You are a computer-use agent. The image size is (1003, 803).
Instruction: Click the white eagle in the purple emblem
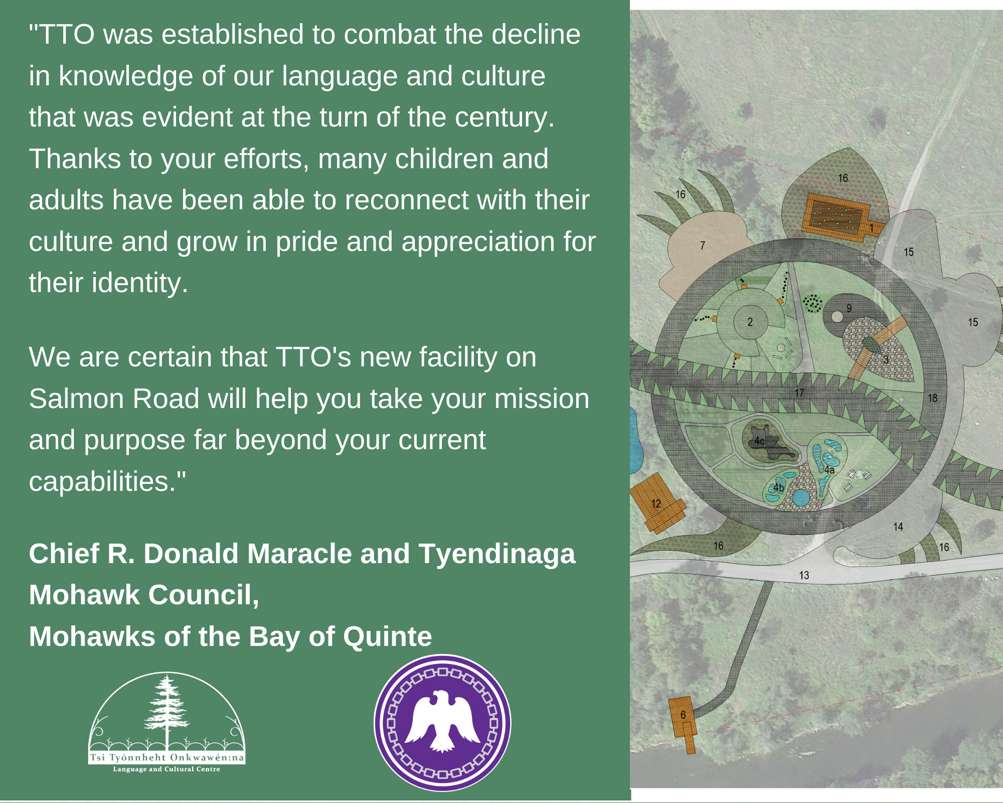pos(442,721)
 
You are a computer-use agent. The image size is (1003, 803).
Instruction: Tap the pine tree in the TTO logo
pos(166,713)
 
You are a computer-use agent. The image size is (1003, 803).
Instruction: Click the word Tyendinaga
pos(497,555)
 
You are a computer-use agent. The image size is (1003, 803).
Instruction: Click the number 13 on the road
pos(804,575)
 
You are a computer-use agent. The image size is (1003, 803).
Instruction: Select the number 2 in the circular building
pos(750,322)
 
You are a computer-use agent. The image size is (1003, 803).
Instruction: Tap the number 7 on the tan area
pos(703,245)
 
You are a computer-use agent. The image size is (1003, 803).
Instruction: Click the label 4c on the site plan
pos(759,441)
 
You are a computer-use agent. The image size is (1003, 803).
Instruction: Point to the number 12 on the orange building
pos(656,503)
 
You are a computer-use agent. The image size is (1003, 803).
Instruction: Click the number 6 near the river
pos(683,715)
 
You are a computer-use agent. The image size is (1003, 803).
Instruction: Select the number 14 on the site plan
pos(898,527)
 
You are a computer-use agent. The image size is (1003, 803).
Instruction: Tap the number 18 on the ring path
pos(932,398)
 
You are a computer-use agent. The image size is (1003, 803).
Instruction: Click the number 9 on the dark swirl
pos(849,308)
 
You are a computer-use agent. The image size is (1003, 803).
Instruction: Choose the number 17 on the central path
pos(799,393)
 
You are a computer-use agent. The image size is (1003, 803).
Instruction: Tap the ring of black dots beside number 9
pos(812,304)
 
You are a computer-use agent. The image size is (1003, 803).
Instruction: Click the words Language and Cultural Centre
pos(166,769)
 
